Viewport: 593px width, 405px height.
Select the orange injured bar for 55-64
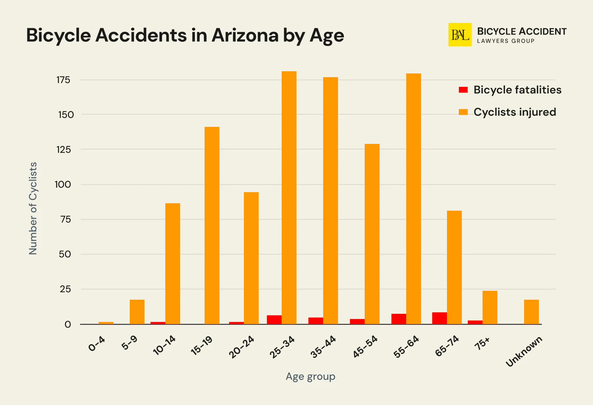click(414, 199)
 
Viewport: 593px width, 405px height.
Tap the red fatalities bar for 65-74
click(440, 318)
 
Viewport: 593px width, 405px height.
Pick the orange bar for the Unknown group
click(531, 312)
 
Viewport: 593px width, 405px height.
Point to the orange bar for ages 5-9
click(137, 312)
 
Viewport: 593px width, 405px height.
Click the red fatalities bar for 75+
click(475, 322)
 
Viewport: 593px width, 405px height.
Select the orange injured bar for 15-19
click(212, 225)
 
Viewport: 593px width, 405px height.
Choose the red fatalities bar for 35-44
click(316, 321)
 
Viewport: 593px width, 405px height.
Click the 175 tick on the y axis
click(63, 80)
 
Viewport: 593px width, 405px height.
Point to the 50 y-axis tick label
click(65, 254)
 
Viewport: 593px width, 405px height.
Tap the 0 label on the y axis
click(67, 325)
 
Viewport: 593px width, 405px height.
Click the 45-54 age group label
click(365, 346)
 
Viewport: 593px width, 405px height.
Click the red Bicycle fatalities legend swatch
click(463, 90)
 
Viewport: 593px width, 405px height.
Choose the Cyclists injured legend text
click(515, 112)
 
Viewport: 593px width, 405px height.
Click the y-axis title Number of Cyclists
click(33, 208)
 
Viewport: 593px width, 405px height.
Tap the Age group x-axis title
click(311, 376)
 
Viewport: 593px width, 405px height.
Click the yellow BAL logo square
click(460, 35)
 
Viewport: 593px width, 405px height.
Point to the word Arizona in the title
click(245, 36)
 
